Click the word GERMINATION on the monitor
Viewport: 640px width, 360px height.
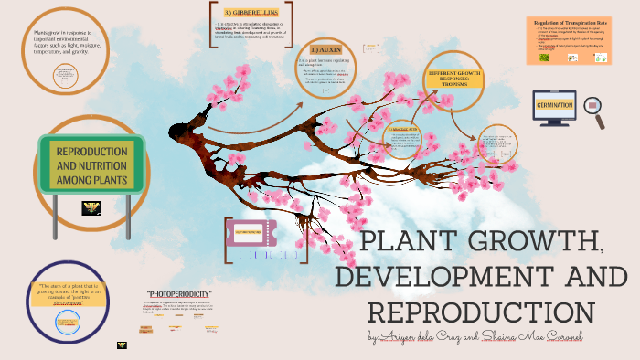(x=554, y=106)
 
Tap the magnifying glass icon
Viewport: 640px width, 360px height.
(x=596, y=110)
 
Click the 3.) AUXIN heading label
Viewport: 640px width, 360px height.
(x=326, y=48)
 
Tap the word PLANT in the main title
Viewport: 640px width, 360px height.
(x=413, y=244)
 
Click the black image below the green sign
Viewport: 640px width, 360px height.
(x=93, y=207)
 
